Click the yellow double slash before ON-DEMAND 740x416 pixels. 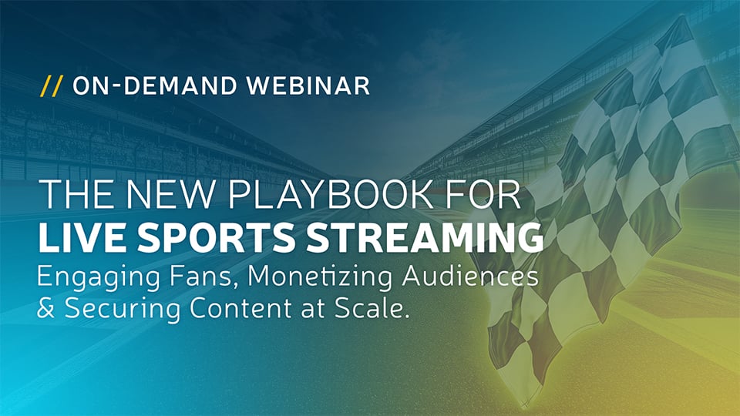(x=52, y=86)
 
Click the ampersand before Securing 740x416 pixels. (x=48, y=310)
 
